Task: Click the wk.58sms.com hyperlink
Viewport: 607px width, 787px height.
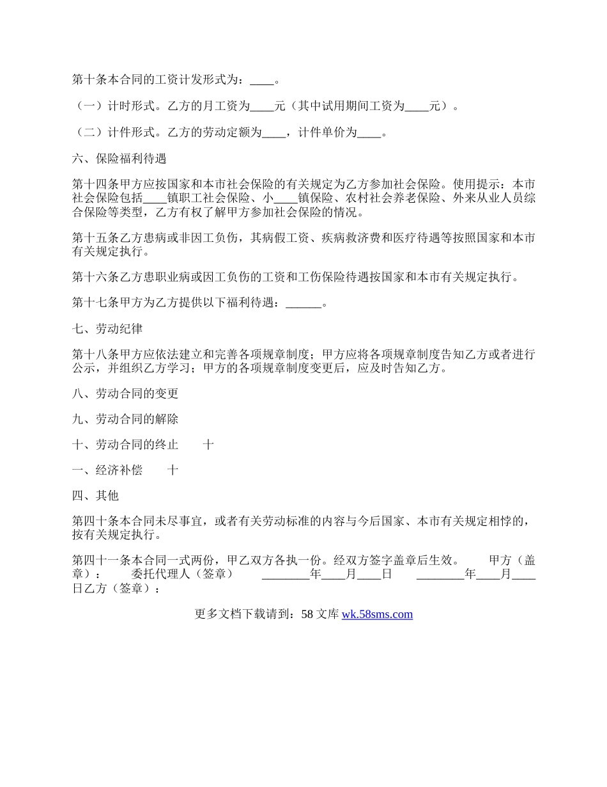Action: (x=377, y=614)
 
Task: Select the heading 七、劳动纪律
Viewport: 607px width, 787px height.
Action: (x=107, y=329)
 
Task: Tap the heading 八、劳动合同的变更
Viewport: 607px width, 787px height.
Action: (x=125, y=394)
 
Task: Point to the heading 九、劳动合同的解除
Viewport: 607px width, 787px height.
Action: (x=125, y=419)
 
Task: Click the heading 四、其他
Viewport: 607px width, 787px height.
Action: (x=95, y=496)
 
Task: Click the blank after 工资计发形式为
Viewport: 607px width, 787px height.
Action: (x=261, y=81)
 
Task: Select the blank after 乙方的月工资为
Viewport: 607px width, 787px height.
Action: (x=262, y=106)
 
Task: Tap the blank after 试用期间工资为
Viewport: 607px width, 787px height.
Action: (x=417, y=106)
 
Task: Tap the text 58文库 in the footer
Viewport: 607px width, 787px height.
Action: (x=319, y=614)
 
